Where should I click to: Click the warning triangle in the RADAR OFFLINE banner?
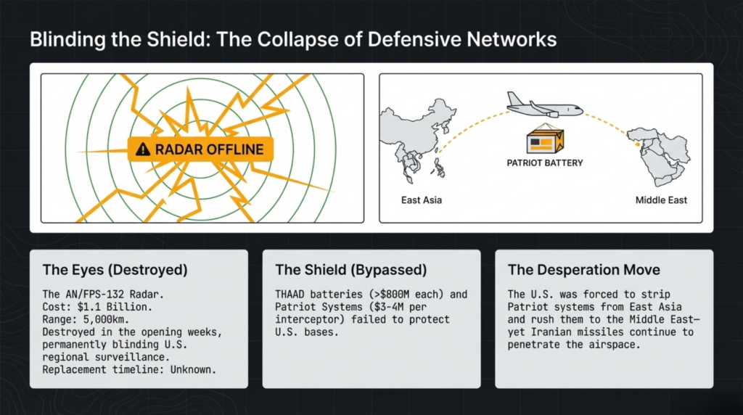pos(143,149)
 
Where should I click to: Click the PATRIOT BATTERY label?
pos(544,163)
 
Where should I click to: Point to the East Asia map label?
pos(421,200)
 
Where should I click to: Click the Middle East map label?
pos(661,200)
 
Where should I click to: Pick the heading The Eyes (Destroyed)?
pos(115,270)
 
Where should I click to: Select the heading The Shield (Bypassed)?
pos(348,270)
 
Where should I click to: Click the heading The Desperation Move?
pos(584,270)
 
